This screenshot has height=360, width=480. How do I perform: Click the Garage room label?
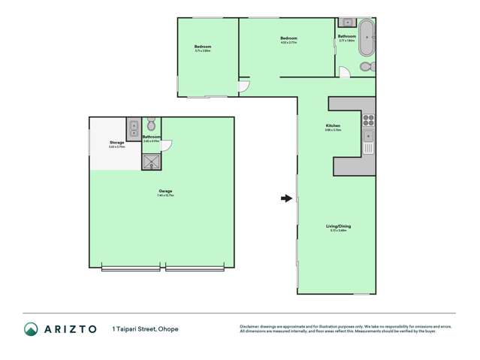tap(165, 192)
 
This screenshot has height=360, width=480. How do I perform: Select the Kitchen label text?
tap(333, 126)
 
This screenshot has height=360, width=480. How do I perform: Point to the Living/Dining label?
tap(338, 226)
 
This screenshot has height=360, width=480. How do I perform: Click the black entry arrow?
tap(285, 198)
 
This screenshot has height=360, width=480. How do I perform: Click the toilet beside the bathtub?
tap(366, 67)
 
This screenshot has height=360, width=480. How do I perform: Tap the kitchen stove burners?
tap(368, 118)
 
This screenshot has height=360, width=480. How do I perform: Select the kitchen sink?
tap(368, 136)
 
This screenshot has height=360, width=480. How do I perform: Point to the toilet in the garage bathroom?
tap(151, 124)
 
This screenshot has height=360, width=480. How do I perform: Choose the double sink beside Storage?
tap(133, 126)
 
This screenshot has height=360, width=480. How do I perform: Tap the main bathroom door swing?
tap(343, 73)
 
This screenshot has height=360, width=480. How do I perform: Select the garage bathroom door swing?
tap(167, 146)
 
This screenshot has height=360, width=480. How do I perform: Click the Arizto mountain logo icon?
tap(31, 329)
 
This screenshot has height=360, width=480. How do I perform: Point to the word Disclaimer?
tap(250, 326)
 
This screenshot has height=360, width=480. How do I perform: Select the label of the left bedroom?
tap(203, 47)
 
